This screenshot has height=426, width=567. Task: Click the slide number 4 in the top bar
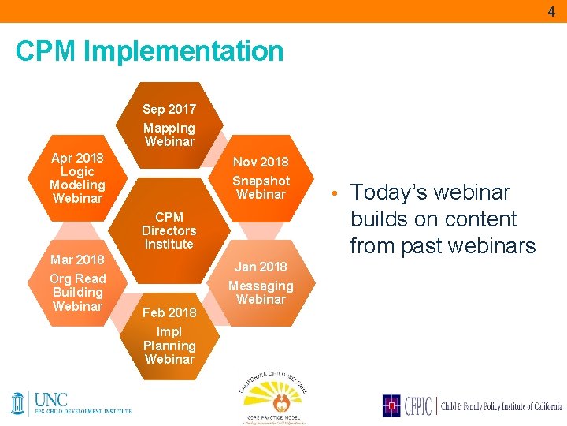551,12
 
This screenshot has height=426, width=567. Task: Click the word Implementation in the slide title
183,51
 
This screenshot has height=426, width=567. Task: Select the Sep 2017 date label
169,109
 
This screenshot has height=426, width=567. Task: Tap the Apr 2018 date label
77,158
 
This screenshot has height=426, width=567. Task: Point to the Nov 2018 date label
261,162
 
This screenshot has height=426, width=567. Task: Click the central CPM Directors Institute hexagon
169,230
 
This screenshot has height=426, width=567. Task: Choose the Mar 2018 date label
77,260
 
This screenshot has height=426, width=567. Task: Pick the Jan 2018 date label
261,267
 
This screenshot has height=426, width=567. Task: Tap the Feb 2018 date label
169,312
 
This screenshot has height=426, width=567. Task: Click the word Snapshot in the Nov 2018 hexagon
261,181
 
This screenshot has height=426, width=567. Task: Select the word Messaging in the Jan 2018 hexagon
261,286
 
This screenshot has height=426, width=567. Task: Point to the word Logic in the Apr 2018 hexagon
77,171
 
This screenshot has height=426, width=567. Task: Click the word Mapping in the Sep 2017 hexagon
169,128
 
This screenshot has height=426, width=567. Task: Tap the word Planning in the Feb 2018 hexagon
169,346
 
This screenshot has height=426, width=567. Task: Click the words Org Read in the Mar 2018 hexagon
77,278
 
